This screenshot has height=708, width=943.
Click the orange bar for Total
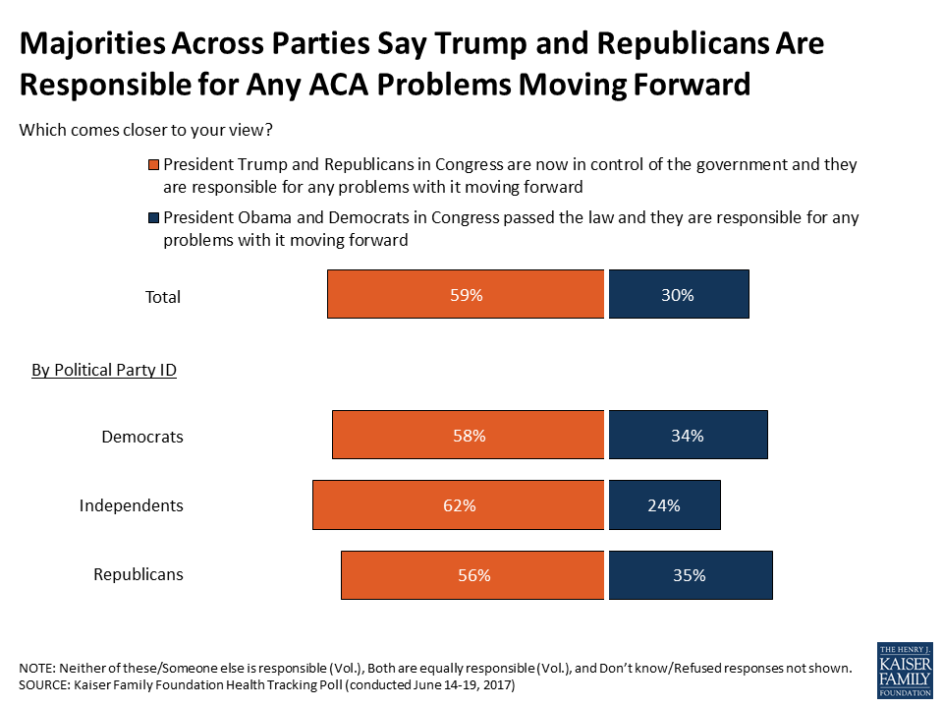(466, 294)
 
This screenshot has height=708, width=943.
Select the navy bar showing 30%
(679, 294)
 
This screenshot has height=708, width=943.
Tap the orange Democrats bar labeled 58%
(468, 436)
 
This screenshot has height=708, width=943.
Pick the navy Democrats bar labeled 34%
(688, 436)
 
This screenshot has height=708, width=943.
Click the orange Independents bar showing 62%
(458, 505)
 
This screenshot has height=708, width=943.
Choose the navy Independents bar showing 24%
(664, 505)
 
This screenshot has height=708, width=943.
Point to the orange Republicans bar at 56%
(472, 575)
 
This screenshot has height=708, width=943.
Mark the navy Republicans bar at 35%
(691, 575)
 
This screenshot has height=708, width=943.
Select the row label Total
(162, 297)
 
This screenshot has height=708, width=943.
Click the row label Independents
(132, 506)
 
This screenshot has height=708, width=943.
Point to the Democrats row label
(142, 437)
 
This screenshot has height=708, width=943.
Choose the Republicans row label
(138, 575)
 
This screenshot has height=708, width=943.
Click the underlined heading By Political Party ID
(104, 371)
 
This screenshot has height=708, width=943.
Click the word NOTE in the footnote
(36, 668)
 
